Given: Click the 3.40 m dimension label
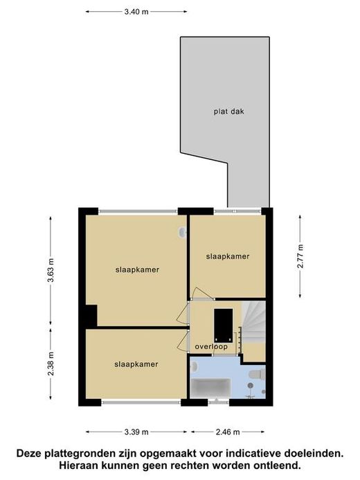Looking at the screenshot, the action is (x=136, y=12).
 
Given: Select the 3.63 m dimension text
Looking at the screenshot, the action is (x=51, y=270).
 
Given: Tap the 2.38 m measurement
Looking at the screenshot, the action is (x=51, y=364).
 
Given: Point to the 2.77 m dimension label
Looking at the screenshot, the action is (x=300, y=256).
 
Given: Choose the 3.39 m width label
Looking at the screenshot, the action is (x=136, y=432).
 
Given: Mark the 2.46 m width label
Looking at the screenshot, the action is (x=228, y=432).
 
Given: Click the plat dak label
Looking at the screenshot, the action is (x=228, y=112).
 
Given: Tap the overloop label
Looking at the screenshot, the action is (x=211, y=347).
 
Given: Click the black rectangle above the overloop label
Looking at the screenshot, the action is (x=224, y=326).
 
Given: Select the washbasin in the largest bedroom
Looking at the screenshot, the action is (x=182, y=232).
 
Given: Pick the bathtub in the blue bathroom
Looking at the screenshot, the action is (x=210, y=389).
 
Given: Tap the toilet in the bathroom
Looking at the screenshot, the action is (x=258, y=375).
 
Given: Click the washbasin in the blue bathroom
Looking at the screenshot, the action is (x=195, y=366).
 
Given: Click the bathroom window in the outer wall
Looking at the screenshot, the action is (x=218, y=402).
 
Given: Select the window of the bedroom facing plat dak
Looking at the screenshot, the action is (x=237, y=211).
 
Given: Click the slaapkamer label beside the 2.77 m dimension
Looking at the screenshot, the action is (x=228, y=256).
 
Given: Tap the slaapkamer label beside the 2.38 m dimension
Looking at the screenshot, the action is (x=136, y=364).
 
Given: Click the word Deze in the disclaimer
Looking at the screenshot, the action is (x=29, y=454).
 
